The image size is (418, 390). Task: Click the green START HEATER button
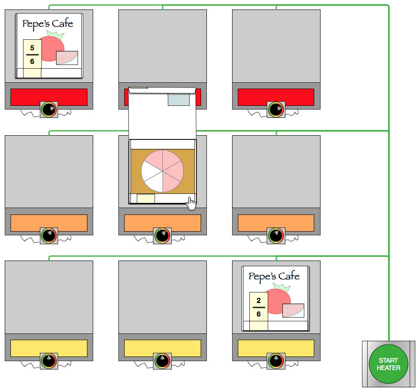[389, 364]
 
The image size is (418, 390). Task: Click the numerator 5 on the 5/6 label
[32, 48]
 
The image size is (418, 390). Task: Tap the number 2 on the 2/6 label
[259, 301]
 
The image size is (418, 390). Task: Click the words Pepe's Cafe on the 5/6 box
[48, 24]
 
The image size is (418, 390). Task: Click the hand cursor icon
[191, 203]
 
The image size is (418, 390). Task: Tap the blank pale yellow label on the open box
[146, 199]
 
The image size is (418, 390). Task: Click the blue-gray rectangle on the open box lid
[179, 99]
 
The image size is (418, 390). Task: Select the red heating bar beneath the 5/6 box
[49, 97]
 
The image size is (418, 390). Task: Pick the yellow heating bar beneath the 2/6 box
[276, 348]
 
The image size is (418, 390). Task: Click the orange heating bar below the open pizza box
[162, 223]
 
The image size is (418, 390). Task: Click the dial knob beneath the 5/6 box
[49, 110]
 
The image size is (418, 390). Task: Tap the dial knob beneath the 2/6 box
[276, 361]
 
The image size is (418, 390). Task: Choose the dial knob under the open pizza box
[162, 236]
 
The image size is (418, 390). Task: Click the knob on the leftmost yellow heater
[49, 361]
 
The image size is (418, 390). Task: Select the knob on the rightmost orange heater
[276, 236]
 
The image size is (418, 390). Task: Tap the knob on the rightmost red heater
[276, 110]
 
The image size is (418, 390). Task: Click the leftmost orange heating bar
[49, 223]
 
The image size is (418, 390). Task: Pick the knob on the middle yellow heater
[162, 361]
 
